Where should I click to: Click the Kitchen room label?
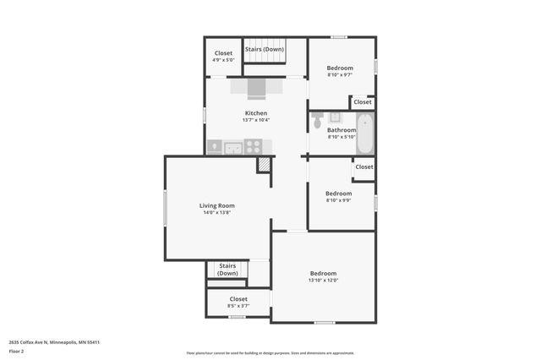coord(256,113)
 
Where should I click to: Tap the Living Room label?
coord(216,205)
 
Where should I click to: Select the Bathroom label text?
coord(342,130)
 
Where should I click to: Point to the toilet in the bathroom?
coord(318,120)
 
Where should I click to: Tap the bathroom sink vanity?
coord(335,117)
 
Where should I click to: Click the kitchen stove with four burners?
coord(253,147)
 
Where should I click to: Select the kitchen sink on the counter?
coord(232,148)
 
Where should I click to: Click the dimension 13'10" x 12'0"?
coord(323,281)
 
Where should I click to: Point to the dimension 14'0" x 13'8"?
coord(216,213)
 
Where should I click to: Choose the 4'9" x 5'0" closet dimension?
coord(223,61)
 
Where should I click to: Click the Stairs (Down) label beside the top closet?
coord(265,49)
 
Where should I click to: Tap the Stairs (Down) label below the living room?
coord(227,270)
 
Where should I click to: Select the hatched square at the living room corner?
coord(265,165)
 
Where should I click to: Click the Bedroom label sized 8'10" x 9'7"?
coord(340,68)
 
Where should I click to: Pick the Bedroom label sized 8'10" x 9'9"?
coord(338,194)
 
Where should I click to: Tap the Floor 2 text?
coord(16,351)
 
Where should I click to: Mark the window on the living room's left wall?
coord(165,208)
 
